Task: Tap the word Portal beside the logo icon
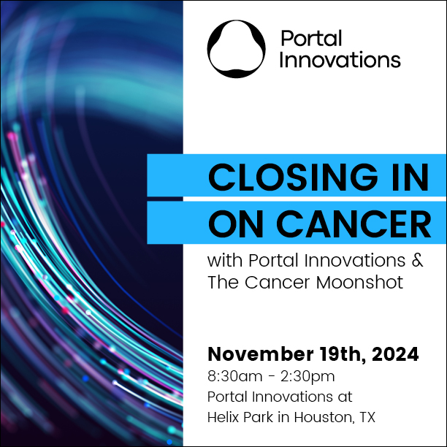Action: pos(311,38)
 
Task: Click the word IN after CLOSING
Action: pos(410,177)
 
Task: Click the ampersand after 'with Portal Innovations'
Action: pos(417,260)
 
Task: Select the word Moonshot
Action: pos(359,282)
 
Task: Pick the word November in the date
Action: pos(261,354)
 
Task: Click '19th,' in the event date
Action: pos(343,355)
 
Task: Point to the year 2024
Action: pos(395,354)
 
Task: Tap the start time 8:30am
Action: pos(235,376)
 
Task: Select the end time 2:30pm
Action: pos(307,377)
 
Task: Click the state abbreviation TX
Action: pos(367,417)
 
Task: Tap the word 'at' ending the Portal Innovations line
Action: pos(345,397)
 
